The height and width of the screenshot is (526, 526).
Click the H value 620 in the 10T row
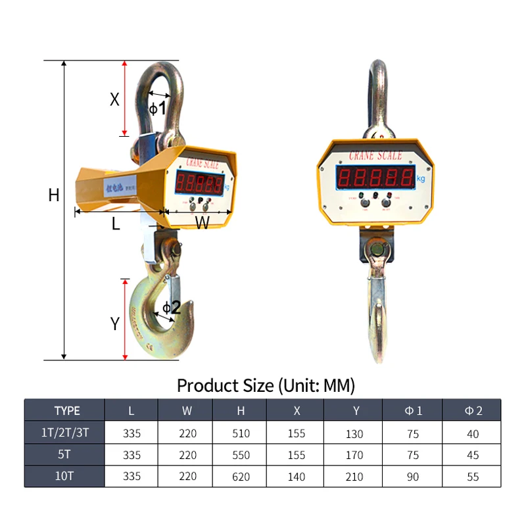pyautogui.click(x=241, y=477)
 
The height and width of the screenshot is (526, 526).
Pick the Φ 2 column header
pyautogui.click(x=473, y=411)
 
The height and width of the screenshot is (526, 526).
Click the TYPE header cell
pyautogui.click(x=66, y=411)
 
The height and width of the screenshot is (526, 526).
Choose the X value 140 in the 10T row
pyautogui.click(x=297, y=477)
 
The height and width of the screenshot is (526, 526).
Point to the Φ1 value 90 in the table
pyautogui.click(x=413, y=477)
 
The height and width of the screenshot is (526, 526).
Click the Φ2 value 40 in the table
pyautogui.click(x=473, y=434)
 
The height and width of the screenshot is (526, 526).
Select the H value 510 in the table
pyautogui.click(x=241, y=434)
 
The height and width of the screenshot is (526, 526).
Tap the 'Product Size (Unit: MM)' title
pyautogui.click(x=266, y=385)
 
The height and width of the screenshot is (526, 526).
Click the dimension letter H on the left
pyautogui.click(x=54, y=195)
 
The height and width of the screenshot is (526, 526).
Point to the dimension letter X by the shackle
pyautogui.click(x=114, y=99)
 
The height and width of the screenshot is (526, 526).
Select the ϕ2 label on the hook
pyautogui.click(x=171, y=307)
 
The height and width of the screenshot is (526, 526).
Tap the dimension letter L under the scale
pyautogui.click(x=116, y=224)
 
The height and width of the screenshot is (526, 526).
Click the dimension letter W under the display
pyautogui.click(x=202, y=224)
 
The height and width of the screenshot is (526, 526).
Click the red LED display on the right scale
pyautogui.click(x=375, y=176)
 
